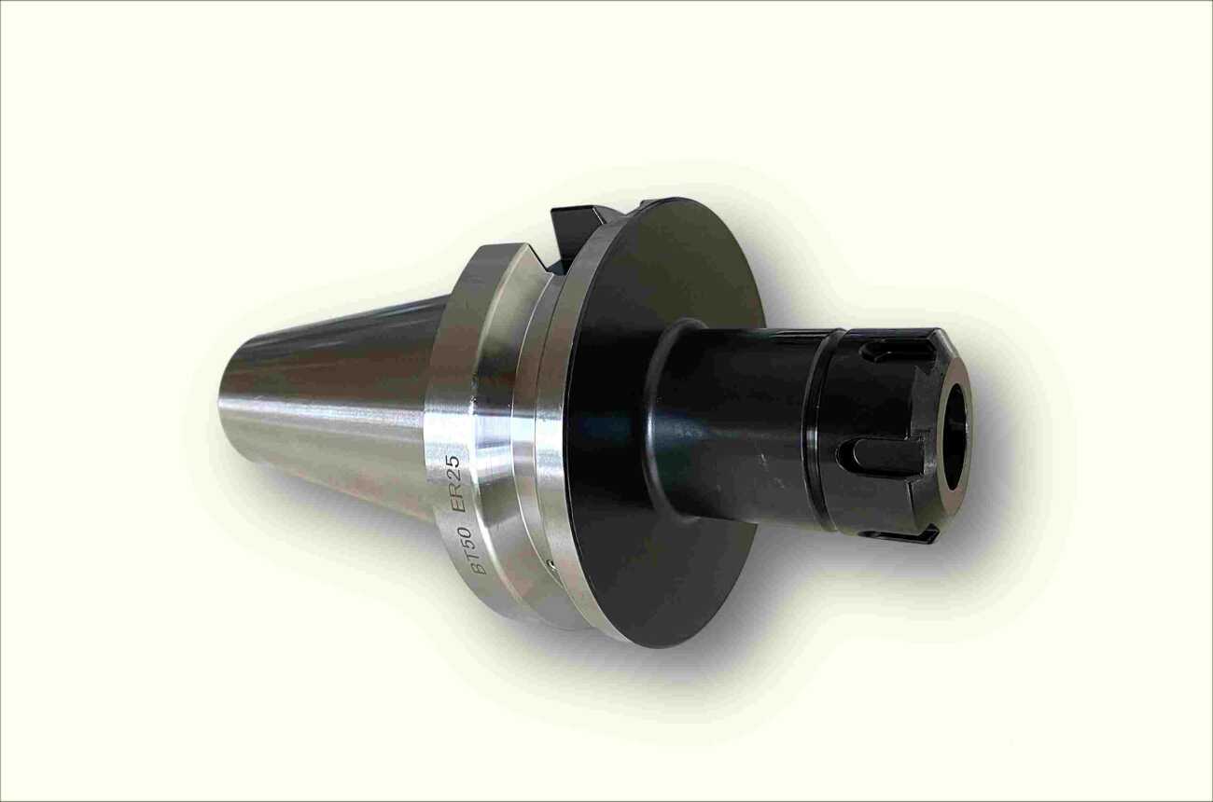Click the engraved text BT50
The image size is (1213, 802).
coord(480,550)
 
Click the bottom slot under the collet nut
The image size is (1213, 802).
coord(899,534)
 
